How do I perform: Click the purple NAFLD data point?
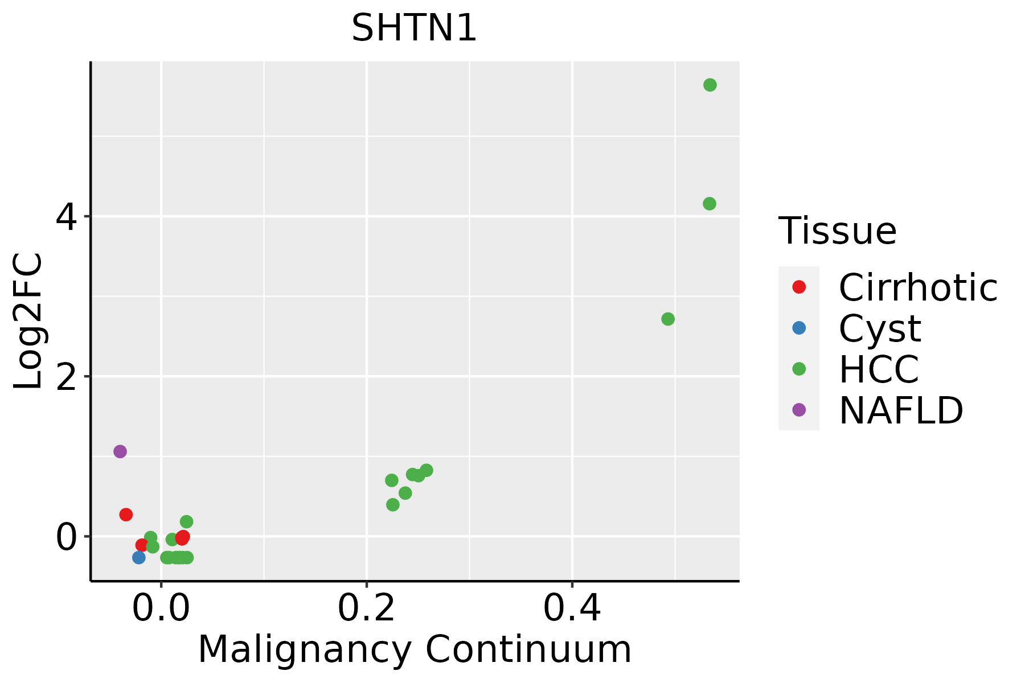pyautogui.click(x=120, y=451)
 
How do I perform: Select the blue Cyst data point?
pyautogui.click(x=139, y=557)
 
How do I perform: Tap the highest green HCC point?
pyautogui.click(x=710, y=85)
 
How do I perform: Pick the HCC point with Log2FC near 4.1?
pyautogui.click(x=709, y=204)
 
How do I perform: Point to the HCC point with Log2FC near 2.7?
pyautogui.click(x=668, y=319)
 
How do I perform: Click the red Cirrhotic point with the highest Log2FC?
pyautogui.click(x=126, y=515)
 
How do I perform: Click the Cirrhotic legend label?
pyautogui.click(x=917, y=287)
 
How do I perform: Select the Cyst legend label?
pyautogui.click(x=879, y=328)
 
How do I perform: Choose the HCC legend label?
pyautogui.click(x=879, y=369)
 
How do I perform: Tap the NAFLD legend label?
pyautogui.click(x=901, y=410)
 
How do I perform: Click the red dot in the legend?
pyautogui.click(x=799, y=287)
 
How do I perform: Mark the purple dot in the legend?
pyautogui.click(x=799, y=410)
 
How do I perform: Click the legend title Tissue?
pyautogui.click(x=837, y=231)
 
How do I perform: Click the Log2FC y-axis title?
pyautogui.click(x=28, y=321)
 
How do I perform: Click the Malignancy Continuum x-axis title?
pyautogui.click(x=415, y=650)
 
